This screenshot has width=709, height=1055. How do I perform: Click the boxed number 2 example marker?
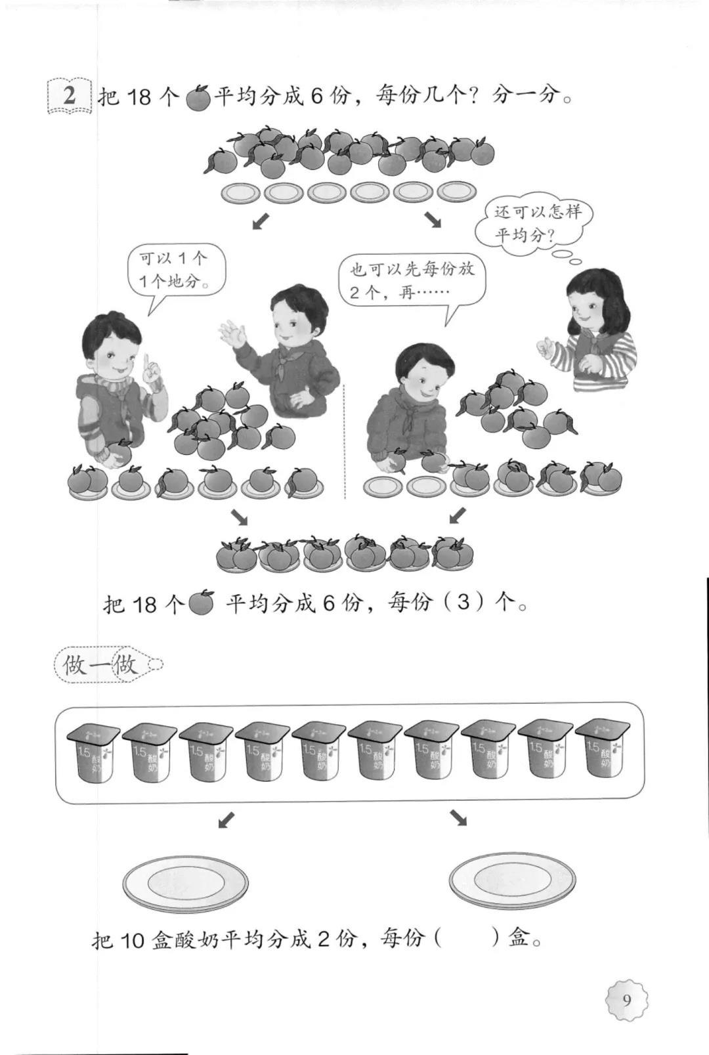[69, 95]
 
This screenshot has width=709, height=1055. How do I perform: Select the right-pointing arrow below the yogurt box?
[458, 817]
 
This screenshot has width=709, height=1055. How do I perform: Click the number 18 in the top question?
[139, 98]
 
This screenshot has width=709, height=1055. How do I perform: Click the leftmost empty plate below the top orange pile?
[240, 193]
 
